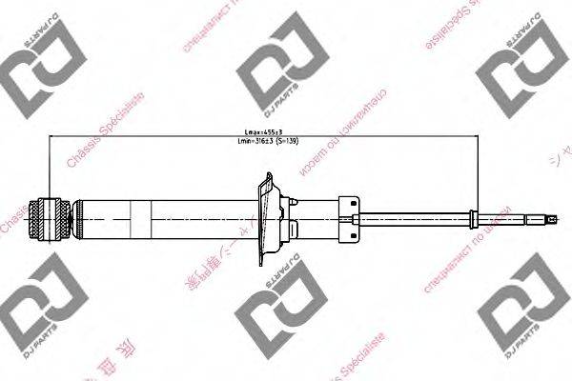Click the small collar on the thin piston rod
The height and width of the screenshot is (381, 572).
pyautogui.click(x=473, y=218)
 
